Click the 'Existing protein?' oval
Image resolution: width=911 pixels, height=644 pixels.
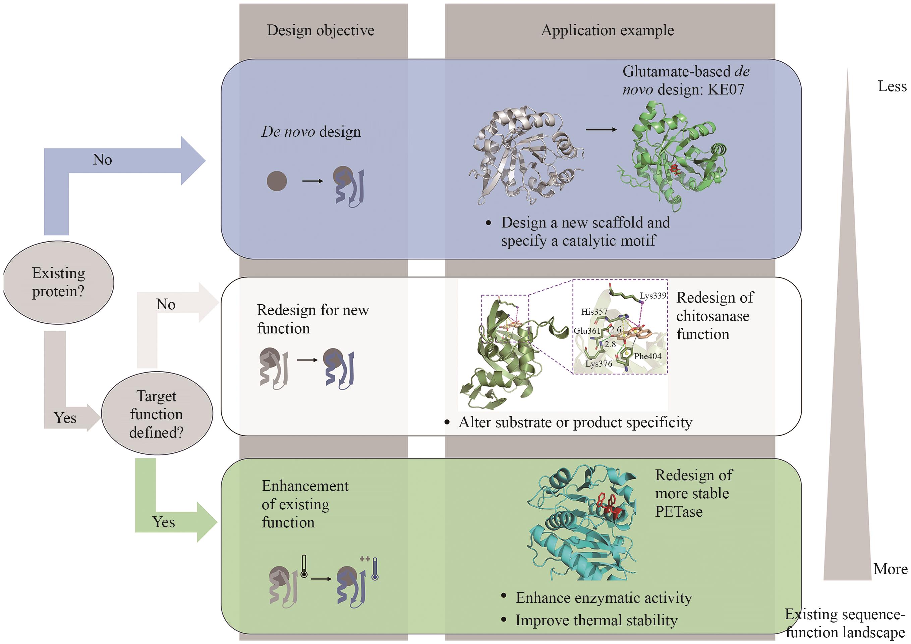(x=58, y=282)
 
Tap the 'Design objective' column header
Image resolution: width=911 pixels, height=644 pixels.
(x=321, y=30)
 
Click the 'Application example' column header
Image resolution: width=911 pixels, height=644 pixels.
(x=608, y=30)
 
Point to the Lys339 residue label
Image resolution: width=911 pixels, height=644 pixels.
(x=653, y=296)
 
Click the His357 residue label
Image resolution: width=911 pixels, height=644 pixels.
(x=594, y=312)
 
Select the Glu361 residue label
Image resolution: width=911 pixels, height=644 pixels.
(x=587, y=331)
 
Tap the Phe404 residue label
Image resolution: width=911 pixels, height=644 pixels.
(x=647, y=356)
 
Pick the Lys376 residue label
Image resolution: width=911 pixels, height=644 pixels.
(x=599, y=364)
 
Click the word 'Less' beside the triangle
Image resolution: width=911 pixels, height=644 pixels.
(x=892, y=86)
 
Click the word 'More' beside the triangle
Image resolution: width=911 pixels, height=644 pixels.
(x=890, y=569)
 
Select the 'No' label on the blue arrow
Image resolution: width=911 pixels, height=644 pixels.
(x=102, y=160)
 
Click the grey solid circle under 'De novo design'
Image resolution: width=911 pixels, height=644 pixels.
(x=277, y=181)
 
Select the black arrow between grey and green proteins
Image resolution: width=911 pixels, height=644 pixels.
(x=601, y=130)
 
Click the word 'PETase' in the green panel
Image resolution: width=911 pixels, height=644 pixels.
(x=679, y=512)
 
